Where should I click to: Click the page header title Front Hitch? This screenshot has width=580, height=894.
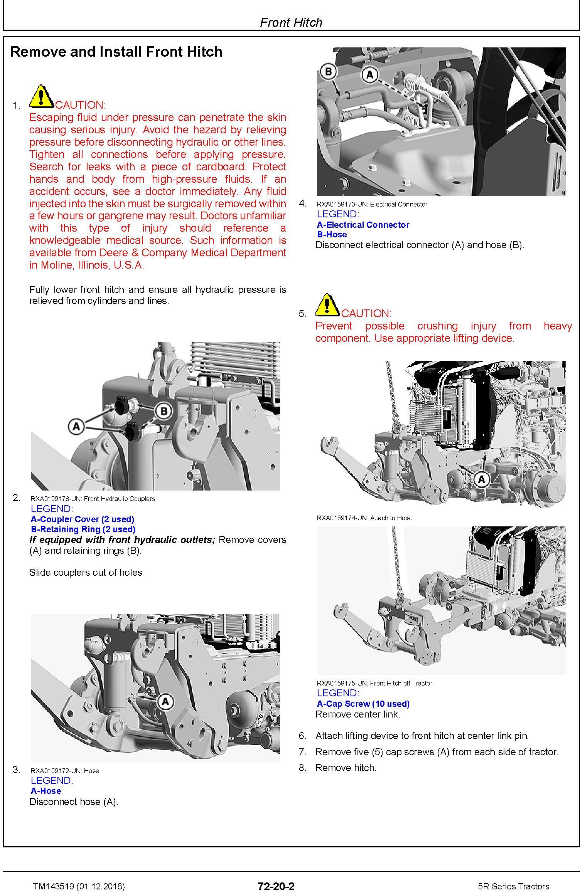[291, 22]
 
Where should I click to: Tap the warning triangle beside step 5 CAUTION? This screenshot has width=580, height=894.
[327, 304]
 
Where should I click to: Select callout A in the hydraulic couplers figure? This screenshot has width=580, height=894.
[76, 426]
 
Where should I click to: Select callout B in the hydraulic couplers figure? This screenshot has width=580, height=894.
[164, 411]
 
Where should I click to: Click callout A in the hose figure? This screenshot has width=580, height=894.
[165, 701]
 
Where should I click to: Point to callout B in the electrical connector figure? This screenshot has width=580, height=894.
[329, 72]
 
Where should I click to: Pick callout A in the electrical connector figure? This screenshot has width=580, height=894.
[370, 74]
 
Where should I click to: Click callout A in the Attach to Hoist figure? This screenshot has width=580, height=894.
[481, 480]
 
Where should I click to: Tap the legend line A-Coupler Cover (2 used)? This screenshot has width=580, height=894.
[83, 519]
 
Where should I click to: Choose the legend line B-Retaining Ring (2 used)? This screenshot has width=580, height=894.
[83, 529]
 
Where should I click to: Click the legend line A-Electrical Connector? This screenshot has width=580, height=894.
[363, 225]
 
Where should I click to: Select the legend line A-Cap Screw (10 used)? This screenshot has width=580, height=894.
[363, 704]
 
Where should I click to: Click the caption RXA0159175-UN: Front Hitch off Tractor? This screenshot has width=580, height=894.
[374, 683]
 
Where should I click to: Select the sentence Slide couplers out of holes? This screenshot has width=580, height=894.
[86, 573]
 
